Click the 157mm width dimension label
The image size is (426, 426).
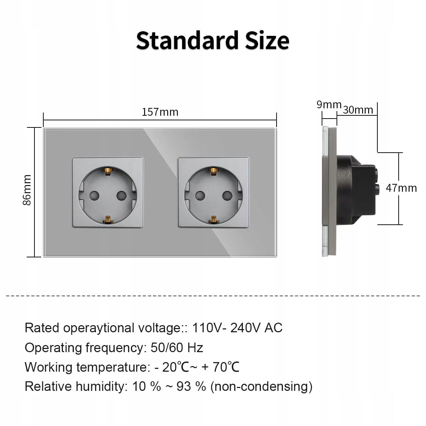[x=160, y=112]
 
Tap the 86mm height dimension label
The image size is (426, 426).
[x=27, y=190]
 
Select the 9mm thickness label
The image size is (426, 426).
[x=329, y=105]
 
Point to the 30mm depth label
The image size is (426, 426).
[x=358, y=110]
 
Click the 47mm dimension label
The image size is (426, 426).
[x=401, y=188]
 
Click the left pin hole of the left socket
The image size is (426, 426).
[x=94, y=195]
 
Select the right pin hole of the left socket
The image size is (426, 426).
[x=121, y=195]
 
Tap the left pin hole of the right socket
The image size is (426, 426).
[x=200, y=195]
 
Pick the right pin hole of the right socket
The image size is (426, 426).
[x=227, y=195]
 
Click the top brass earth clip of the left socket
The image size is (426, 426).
[x=108, y=171]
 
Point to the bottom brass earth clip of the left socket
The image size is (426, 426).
[x=108, y=219]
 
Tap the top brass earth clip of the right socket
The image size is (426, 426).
[x=214, y=171]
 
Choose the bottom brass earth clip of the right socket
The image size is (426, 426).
[x=214, y=219]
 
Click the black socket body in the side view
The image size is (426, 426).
[x=357, y=190]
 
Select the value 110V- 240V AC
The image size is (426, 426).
[x=237, y=328]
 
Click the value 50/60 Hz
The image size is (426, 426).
[x=177, y=348]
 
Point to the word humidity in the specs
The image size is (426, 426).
[x=100, y=387]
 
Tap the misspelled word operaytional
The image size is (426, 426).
[x=99, y=328]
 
